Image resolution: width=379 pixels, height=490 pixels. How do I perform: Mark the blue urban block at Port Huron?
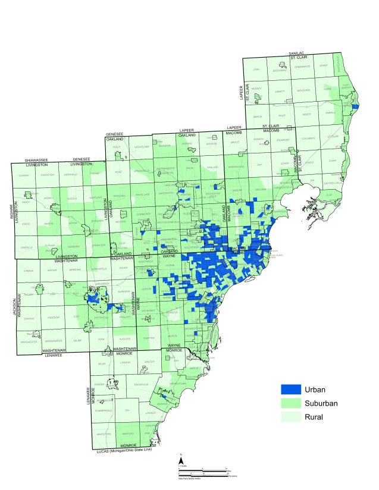[355, 107]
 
